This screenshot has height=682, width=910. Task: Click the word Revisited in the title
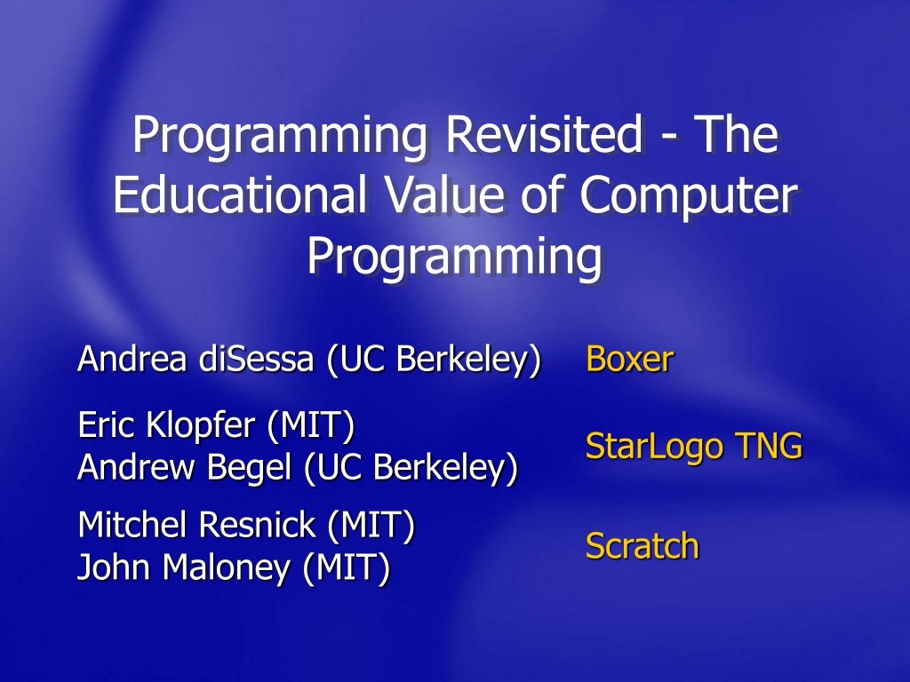545,135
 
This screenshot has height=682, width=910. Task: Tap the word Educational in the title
240,194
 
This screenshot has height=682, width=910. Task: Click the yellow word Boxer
630,359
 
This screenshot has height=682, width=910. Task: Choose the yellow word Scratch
643,546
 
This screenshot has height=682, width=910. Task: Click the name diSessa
256,359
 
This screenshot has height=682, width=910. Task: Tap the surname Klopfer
201,426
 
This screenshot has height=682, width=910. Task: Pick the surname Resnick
258,524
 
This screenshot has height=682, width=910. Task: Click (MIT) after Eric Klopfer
311,425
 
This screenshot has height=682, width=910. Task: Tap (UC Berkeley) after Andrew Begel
411,468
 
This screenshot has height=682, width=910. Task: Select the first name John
115,567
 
